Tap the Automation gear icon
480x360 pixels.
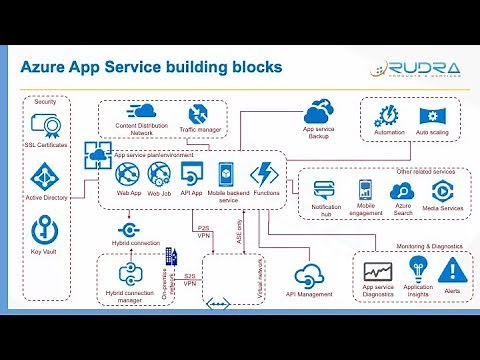click(387, 114)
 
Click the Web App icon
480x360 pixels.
click(129, 173)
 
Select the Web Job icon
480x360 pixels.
click(160, 173)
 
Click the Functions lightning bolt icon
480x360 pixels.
click(266, 171)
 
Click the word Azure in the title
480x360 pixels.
click(48, 69)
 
